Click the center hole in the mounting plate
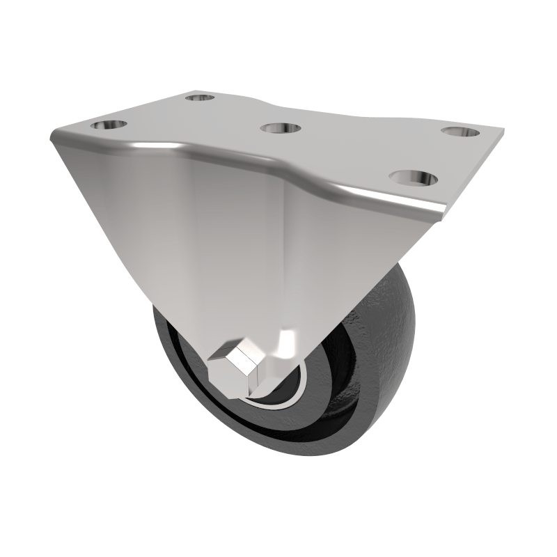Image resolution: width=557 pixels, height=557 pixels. pyautogui.click(x=280, y=128)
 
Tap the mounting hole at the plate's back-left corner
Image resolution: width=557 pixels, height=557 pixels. pyautogui.click(x=201, y=97)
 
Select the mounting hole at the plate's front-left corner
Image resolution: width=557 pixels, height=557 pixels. pyautogui.click(x=110, y=125)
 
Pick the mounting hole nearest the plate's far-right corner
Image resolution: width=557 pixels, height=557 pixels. pyautogui.click(x=460, y=132)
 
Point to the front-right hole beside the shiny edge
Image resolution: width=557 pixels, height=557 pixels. pyautogui.click(x=414, y=178)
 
